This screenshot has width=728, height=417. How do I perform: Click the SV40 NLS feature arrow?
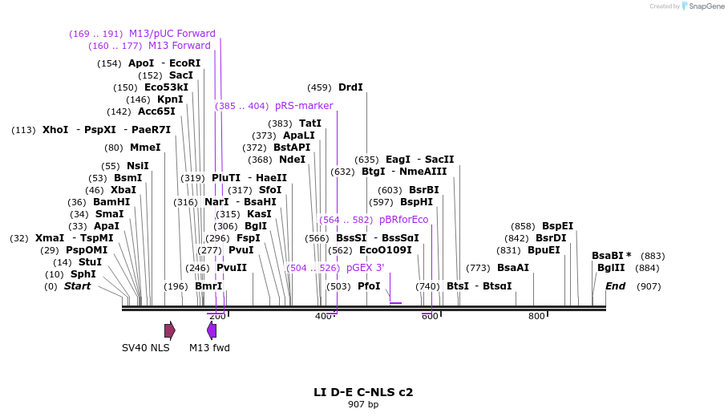click(169, 330)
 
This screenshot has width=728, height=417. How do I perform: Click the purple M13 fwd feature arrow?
click(212, 330)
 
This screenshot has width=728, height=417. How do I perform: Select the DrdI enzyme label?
click(350, 87)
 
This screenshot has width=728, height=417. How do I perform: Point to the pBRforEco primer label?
click(403, 220)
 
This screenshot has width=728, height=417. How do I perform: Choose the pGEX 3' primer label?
click(365, 268)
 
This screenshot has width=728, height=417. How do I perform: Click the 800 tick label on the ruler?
click(536, 317)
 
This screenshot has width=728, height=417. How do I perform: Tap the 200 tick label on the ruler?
click(217, 317)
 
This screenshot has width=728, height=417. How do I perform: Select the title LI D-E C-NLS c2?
click(363, 392)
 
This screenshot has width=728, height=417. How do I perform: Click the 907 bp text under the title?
click(363, 405)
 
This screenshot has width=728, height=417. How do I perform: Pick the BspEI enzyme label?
click(558, 226)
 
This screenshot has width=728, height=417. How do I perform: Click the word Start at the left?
click(78, 286)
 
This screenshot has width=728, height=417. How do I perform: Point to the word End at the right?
click(615, 286)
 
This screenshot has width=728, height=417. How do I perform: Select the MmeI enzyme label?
click(145, 148)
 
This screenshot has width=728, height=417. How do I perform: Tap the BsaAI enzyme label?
click(513, 268)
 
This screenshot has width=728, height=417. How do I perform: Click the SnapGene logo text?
click(703, 6)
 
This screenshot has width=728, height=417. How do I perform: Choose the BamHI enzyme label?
click(111, 202)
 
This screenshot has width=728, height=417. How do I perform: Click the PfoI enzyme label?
click(369, 286)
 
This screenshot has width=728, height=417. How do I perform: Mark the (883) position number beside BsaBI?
click(649, 256)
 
